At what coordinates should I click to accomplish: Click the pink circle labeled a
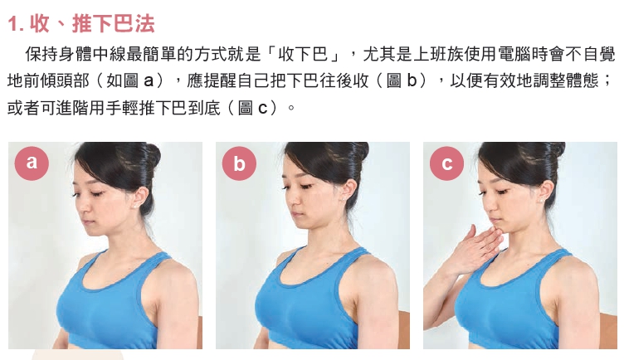pos(32,163)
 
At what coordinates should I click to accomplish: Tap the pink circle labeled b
pos(239,163)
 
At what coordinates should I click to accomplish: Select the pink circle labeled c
pos(446,163)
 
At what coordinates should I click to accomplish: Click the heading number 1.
pos(13,24)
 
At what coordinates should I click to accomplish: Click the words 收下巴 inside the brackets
pos(302,55)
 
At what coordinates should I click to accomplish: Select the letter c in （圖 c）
pos(263,108)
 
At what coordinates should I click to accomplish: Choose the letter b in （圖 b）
pos(412,80)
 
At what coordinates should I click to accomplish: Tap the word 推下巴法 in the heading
pos(114,24)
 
